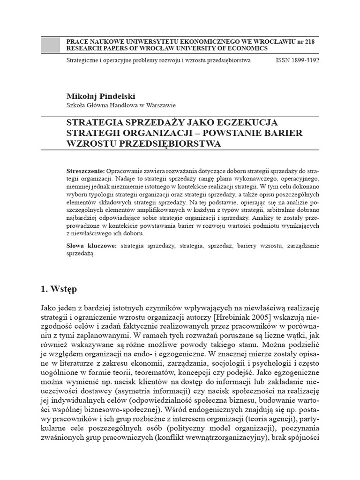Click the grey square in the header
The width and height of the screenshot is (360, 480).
point(51,45)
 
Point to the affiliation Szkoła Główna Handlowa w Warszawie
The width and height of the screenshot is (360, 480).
point(121,105)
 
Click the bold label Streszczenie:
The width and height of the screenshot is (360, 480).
point(86,171)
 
